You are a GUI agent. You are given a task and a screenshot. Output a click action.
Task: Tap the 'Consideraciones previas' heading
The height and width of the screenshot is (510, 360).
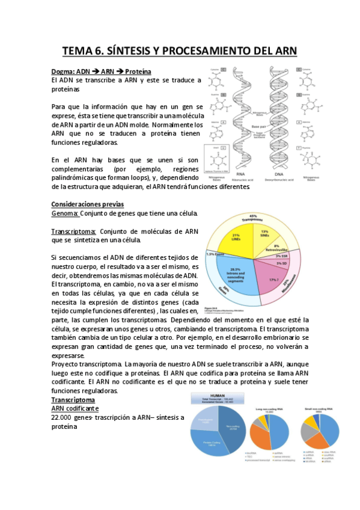coord(88,204)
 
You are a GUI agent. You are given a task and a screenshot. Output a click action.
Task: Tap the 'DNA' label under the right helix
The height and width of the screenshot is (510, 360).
coord(283,171)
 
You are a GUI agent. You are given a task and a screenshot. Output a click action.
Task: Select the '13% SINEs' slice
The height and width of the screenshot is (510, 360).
coord(264,235)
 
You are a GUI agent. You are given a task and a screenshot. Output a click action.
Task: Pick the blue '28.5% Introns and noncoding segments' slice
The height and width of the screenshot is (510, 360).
coord(234,272)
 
